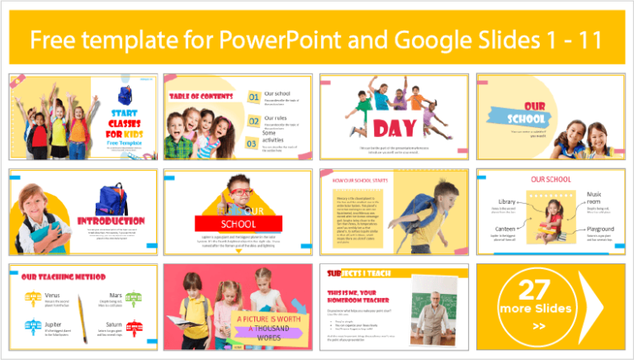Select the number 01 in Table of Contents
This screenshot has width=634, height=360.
click(x=253, y=97)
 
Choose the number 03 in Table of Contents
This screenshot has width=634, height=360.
click(x=253, y=143)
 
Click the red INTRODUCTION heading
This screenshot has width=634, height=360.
click(x=111, y=221)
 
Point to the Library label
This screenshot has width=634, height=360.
click(x=508, y=201)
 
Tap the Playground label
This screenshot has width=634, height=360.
click(x=600, y=229)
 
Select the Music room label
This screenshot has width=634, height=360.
click(x=594, y=199)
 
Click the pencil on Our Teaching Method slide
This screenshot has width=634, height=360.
click(x=83, y=310)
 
